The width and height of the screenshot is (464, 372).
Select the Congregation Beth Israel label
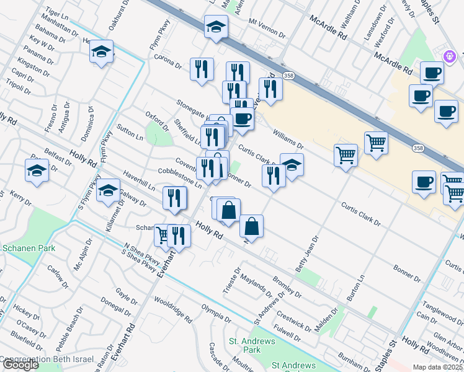[47, 360]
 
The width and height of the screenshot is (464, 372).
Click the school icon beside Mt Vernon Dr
[216, 27]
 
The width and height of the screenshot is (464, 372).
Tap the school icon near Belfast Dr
[37, 170]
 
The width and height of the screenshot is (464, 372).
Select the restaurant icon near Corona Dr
[202, 69]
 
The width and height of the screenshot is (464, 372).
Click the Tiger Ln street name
[56, 12]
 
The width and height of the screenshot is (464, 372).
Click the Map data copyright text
[437, 367]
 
